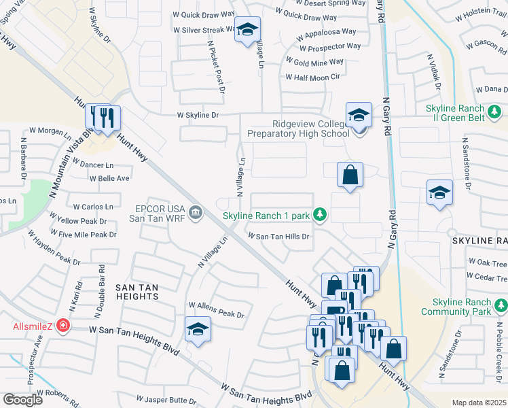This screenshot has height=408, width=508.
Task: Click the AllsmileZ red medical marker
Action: (63, 326)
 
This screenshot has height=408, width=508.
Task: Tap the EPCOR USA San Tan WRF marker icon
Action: (195, 214)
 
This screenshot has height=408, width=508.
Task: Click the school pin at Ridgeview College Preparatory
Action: (359, 116)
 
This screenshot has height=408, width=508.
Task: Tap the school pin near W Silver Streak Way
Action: (248, 29)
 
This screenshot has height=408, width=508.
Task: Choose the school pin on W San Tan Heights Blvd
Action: (198, 329)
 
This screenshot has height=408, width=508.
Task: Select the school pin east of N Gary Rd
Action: (439, 192)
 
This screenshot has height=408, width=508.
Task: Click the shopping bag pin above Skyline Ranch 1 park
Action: (349, 175)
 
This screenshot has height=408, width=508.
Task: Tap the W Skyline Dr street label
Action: (198, 116)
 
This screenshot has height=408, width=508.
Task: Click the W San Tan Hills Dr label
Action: (278, 237)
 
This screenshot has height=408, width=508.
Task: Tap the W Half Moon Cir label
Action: (312, 78)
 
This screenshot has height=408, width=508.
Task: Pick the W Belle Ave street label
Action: (109, 178)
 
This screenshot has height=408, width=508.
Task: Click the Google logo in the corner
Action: (22, 400)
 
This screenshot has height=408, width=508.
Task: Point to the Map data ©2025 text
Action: (479, 403)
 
